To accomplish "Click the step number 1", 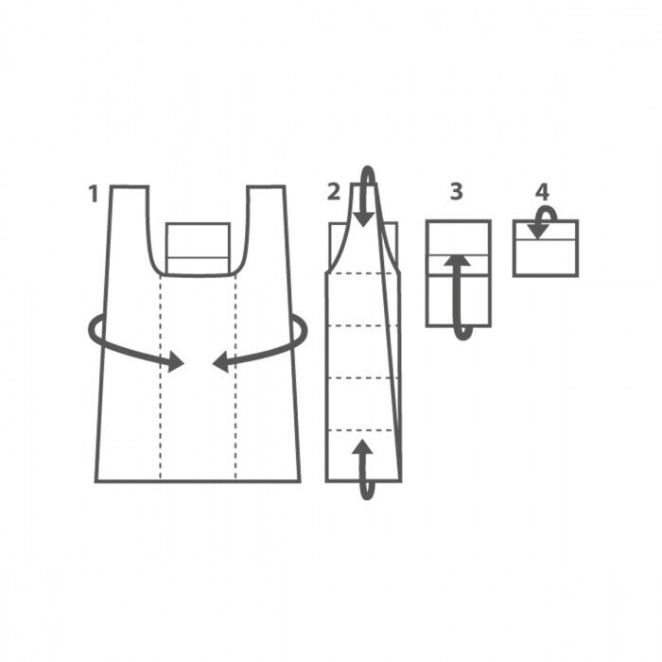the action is tap(94, 194).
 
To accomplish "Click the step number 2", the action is tap(334, 192).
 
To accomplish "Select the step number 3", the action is tap(457, 191).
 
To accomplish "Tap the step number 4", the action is tap(542, 192).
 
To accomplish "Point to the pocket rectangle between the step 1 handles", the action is tap(198, 248).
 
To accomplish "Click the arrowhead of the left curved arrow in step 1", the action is tap(176, 362).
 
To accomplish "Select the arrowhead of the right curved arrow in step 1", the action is tap(220, 362).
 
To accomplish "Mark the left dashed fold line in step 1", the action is tap(161, 378).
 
